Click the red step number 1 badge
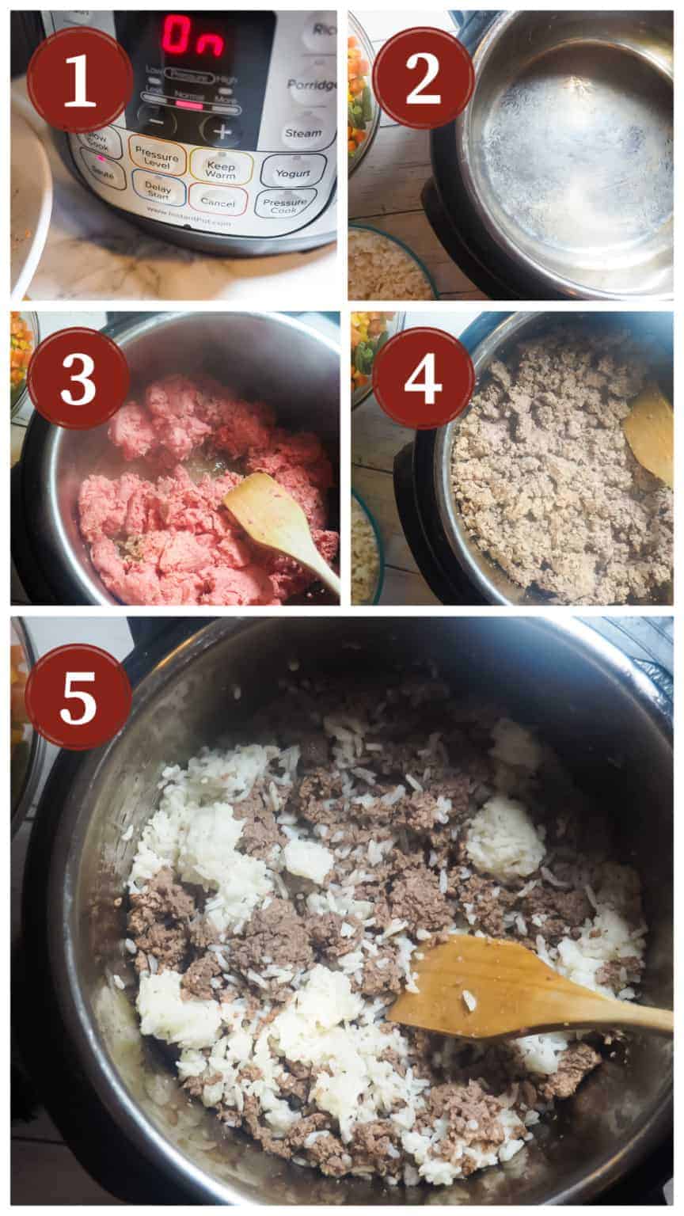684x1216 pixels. [x=79, y=79]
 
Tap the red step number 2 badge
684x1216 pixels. [x=423, y=77]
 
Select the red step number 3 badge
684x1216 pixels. [x=78, y=378]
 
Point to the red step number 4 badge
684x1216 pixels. [x=423, y=378]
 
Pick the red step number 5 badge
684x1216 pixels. [x=78, y=697]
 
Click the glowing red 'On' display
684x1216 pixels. [x=192, y=37]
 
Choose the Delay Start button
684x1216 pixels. [x=158, y=190]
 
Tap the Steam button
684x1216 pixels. [x=303, y=133]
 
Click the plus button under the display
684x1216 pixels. [x=221, y=131]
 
